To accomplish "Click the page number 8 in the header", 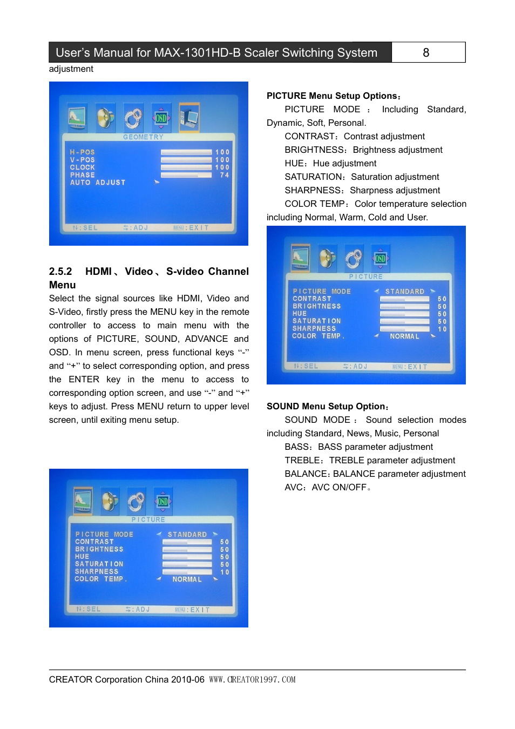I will (x=426, y=52).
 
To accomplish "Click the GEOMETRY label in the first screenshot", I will (x=143, y=137).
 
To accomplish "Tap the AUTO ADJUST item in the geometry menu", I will (x=98, y=183).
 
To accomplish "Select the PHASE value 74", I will (x=224, y=175).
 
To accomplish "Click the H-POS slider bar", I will (x=186, y=152).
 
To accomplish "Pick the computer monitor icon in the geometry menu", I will (x=189, y=117).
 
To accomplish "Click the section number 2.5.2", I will (x=60, y=272).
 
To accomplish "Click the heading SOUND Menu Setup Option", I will (x=327, y=406).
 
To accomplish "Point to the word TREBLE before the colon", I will (x=302, y=460).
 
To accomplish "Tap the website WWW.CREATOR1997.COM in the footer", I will (x=252, y=679).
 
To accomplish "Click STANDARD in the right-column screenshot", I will (x=405, y=292).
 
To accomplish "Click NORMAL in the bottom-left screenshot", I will (x=187, y=579).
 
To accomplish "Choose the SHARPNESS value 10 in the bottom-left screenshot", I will (x=225, y=572).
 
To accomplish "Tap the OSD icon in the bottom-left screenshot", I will (x=162, y=501).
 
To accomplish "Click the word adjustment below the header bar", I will (x=71, y=69).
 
